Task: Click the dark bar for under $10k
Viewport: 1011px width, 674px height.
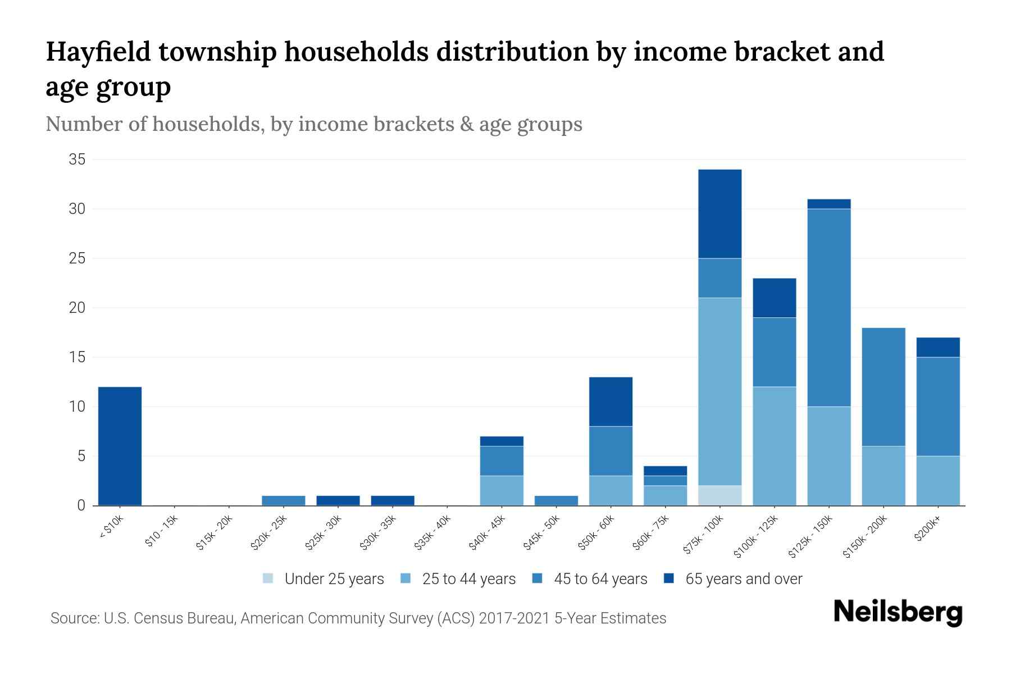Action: point(120,446)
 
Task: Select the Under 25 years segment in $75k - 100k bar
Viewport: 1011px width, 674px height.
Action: point(719,495)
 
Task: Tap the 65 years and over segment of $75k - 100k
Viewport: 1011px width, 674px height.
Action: point(719,214)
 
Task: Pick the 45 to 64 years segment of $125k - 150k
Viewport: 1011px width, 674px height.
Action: point(828,307)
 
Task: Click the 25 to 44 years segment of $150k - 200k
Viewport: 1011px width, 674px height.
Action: point(883,476)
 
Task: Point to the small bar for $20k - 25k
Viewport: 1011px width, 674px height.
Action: point(283,500)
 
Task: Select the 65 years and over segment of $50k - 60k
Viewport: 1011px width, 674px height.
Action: point(611,402)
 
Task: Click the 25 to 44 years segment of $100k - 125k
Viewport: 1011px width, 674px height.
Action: point(774,446)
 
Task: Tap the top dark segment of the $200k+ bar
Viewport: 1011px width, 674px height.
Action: point(937,347)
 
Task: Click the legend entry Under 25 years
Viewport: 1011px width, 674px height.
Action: point(334,579)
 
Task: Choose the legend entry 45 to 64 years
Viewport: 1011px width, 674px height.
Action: point(600,579)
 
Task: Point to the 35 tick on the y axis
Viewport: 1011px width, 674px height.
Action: point(77,160)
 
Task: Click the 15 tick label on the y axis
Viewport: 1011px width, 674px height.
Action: point(77,357)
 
